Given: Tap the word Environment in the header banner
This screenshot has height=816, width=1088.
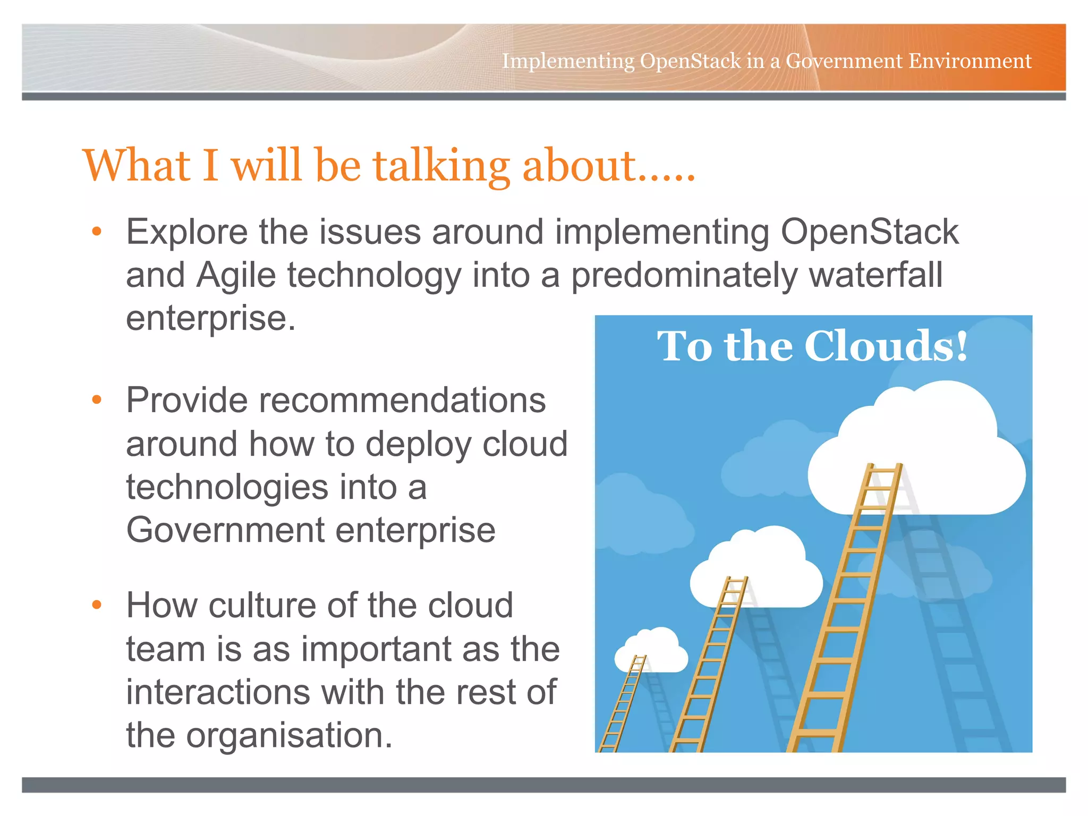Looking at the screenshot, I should click(x=970, y=61).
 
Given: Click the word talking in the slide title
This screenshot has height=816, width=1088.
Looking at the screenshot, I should click(x=441, y=166).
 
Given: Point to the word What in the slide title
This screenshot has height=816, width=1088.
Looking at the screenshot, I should click(x=137, y=166).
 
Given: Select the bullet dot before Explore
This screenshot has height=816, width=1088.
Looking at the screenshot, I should click(x=96, y=232).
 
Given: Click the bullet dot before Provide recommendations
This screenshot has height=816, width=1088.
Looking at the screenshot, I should click(x=96, y=400).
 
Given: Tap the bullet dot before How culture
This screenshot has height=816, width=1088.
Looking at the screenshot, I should click(x=96, y=605).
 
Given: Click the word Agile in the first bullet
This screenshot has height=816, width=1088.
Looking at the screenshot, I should click(x=236, y=275).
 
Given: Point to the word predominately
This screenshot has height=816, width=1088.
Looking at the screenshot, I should click(x=684, y=276).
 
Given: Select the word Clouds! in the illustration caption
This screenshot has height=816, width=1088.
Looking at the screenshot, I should click(x=886, y=346).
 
